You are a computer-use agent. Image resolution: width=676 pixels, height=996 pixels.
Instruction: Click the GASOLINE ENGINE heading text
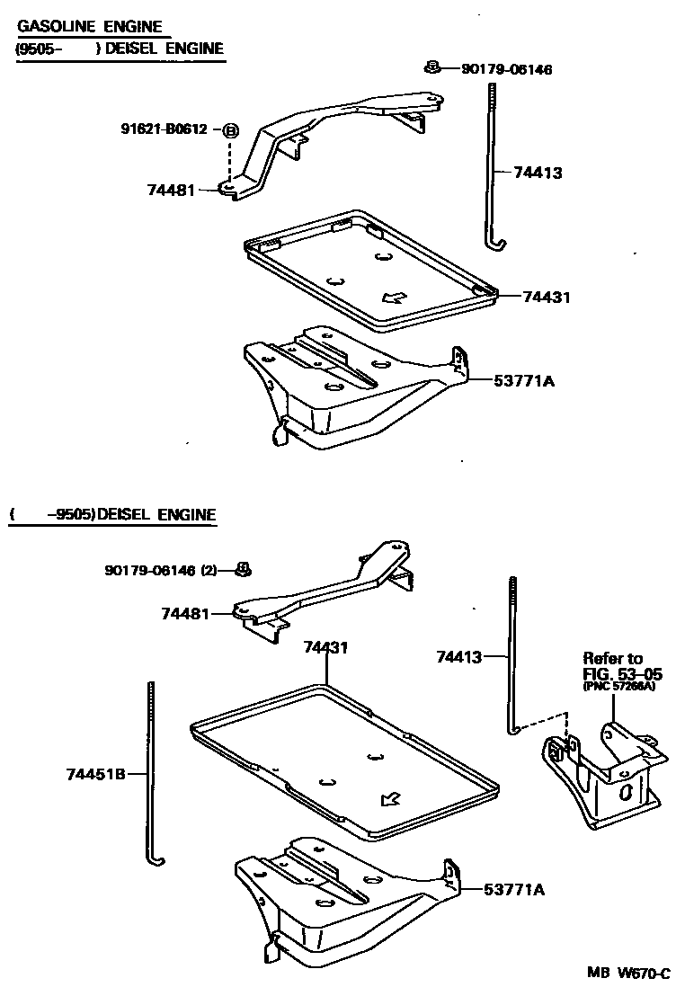pos(90,27)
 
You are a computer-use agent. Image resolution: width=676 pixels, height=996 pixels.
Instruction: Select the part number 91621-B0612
pos(165,129)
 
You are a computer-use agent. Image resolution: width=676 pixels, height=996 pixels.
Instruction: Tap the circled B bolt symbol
pos(230,130)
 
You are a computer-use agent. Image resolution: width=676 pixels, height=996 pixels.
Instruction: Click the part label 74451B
pos(94,773)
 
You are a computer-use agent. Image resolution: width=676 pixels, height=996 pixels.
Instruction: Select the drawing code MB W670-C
pos(628,974)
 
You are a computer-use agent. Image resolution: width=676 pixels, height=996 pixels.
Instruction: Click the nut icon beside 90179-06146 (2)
pos(241,568)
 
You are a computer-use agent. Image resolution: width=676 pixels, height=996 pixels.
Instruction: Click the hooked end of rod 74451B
pos(158,861)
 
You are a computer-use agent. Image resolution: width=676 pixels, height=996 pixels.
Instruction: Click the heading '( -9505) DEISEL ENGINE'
pos(114,515)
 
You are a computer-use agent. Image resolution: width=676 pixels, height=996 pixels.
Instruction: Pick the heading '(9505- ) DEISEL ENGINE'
pos(120,49)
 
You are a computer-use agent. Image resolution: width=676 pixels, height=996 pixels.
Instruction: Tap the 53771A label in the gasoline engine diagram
pos(524,380)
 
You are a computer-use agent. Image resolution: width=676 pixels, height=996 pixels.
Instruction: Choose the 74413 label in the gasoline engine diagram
pos(538,173)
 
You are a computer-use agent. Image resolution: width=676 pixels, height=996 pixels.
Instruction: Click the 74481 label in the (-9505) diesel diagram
pos(185,614)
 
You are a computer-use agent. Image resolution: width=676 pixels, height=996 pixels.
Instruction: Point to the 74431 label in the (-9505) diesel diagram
pos(325,646)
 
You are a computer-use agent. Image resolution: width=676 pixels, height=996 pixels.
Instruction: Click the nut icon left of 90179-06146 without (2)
pos(432,67)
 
